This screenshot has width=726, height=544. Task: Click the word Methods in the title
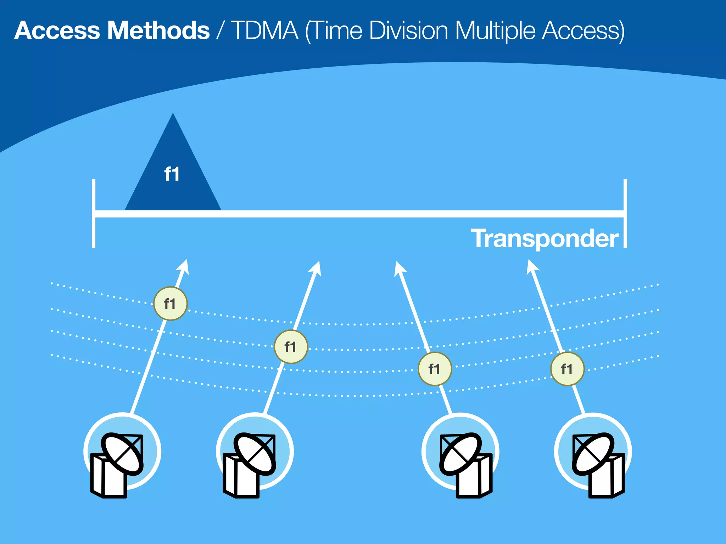(x=158, y=31)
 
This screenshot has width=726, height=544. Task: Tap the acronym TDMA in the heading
(x=264, y=31)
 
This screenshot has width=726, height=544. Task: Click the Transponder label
(x=544, y=238)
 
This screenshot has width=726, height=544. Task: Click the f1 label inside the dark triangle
(x=172, y=174)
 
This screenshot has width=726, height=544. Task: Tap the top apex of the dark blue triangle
(x=173, y=115)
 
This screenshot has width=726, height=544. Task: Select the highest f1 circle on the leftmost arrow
(x=170, y=304)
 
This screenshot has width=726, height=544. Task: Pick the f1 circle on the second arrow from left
(x=291, y=347)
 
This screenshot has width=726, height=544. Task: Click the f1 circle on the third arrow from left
(x=435, y=369)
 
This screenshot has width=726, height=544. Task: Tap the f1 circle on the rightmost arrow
(x=567, y=369)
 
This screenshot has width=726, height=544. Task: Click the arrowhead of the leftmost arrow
(x=184, y=267)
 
